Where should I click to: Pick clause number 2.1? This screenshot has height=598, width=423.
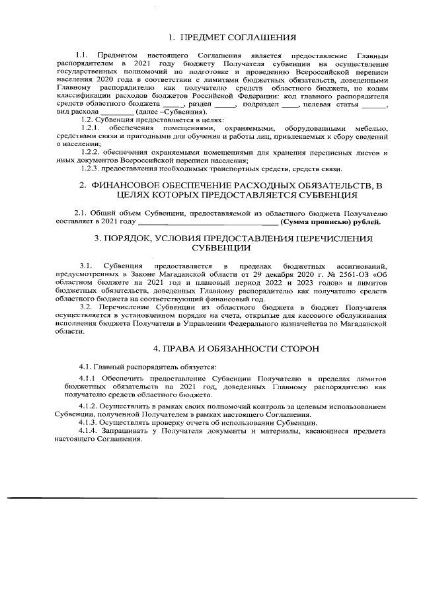click(81, 213)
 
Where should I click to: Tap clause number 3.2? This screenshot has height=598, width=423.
click(85, 308)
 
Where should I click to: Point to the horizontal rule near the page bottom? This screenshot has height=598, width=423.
click(211, 496)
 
